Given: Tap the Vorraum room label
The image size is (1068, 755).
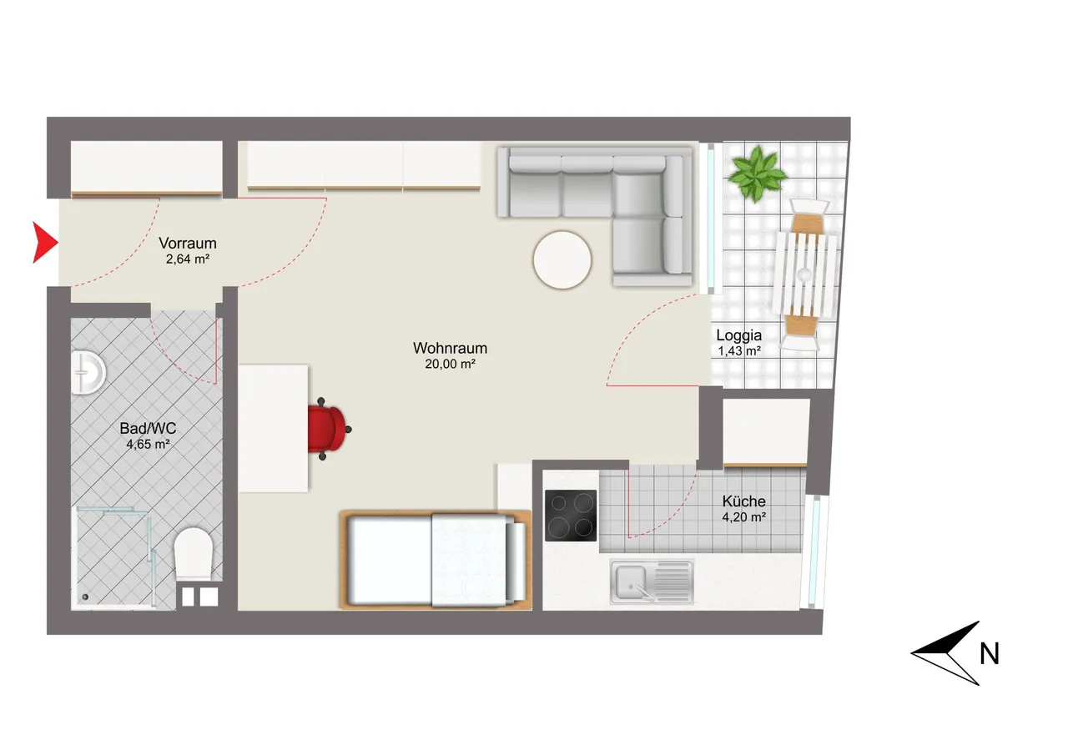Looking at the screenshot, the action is tap(188, 243).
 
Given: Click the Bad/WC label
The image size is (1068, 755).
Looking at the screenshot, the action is tap(148, 428).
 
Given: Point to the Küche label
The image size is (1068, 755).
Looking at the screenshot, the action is tap(743, 501).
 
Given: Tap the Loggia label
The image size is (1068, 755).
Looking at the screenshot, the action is tap(738, 335).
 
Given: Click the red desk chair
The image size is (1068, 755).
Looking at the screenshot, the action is tap(328, 429).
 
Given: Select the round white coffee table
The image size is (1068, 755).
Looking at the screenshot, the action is tap(562, 259).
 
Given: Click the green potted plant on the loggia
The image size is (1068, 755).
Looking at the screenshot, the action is tap(756, 174).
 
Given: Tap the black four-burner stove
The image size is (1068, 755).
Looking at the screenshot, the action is tap(571, 516).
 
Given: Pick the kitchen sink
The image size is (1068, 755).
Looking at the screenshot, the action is tap(652, 582).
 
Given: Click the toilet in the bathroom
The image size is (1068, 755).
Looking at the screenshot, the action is tap(193, 553).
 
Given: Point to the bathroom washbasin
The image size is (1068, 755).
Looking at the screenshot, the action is tap(88, 373).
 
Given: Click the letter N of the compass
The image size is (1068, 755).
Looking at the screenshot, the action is tap(989, 654).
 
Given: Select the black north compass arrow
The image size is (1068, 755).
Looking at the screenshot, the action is tap(949, 653).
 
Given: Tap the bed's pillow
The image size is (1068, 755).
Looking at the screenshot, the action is tap(516, 561).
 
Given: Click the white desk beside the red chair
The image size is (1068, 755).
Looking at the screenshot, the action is tap(273, 429).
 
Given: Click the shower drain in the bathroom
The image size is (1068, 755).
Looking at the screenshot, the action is tap(85, 596).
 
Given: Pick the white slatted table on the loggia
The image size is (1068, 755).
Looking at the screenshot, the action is tap(806, 274).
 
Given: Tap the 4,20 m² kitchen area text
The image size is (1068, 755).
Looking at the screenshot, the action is tap(743, 517).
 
